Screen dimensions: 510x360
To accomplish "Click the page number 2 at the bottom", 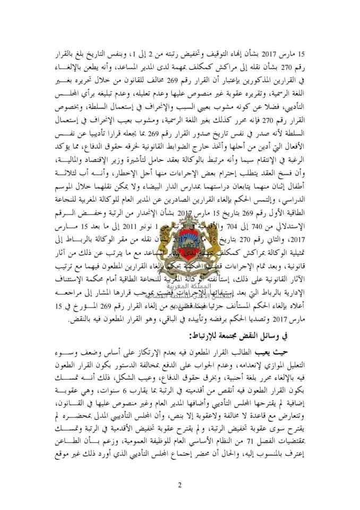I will [180, 484].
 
